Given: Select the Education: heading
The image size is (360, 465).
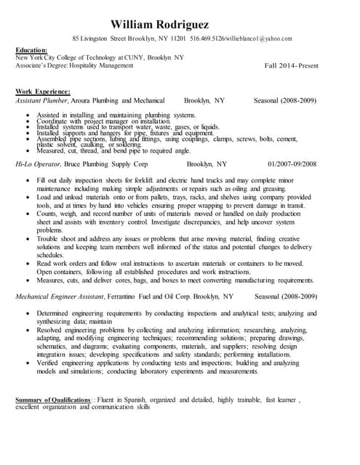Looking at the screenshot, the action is click(33, 50).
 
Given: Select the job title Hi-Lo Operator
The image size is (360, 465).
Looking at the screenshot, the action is click(39, 165).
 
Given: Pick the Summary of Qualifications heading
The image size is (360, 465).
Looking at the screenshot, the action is click(53, 400).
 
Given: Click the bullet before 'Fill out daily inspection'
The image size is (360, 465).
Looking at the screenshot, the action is click(27, 179).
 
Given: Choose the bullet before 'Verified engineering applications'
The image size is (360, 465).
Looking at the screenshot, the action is click(27, 363).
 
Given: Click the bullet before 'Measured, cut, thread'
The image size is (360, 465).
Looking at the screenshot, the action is click(27, 150).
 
